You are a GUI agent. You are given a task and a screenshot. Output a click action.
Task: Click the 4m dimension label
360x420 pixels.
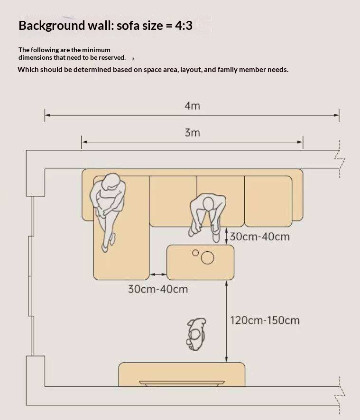(192, 106)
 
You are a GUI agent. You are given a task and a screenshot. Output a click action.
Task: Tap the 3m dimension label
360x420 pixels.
(192, 133)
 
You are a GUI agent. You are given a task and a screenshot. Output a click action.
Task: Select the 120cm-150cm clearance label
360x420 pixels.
(265, 320)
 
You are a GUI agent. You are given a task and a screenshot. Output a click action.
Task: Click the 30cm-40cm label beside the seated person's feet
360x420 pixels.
(260, 237)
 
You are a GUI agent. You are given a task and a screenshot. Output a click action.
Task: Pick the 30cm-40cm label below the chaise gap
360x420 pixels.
(158, 289)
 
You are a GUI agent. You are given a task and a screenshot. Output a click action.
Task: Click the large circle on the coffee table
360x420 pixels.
(207, 258)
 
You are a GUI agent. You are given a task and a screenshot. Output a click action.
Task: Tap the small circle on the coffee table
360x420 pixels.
(195, 253)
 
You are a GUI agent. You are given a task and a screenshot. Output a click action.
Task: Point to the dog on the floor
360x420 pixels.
(196, 334)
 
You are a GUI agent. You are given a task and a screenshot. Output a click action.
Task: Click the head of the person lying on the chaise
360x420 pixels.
(111, 182)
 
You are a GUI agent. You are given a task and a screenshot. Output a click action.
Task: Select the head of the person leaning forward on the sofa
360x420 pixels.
(208, 204)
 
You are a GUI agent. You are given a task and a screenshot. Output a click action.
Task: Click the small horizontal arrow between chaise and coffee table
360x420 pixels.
(158, 274)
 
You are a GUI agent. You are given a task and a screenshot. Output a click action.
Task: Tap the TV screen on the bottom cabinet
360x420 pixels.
(182, 383)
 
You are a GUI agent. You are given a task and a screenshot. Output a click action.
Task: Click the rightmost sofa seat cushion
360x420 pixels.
(268, 201)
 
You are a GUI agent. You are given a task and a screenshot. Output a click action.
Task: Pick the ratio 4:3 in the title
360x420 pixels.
(184, 26)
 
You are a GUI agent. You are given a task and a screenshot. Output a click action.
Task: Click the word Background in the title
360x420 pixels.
(52, 26)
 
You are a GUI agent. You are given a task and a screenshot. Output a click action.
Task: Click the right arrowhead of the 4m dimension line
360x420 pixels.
(336, 115)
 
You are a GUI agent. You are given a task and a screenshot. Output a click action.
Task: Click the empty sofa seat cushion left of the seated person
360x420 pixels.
(173, 201)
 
